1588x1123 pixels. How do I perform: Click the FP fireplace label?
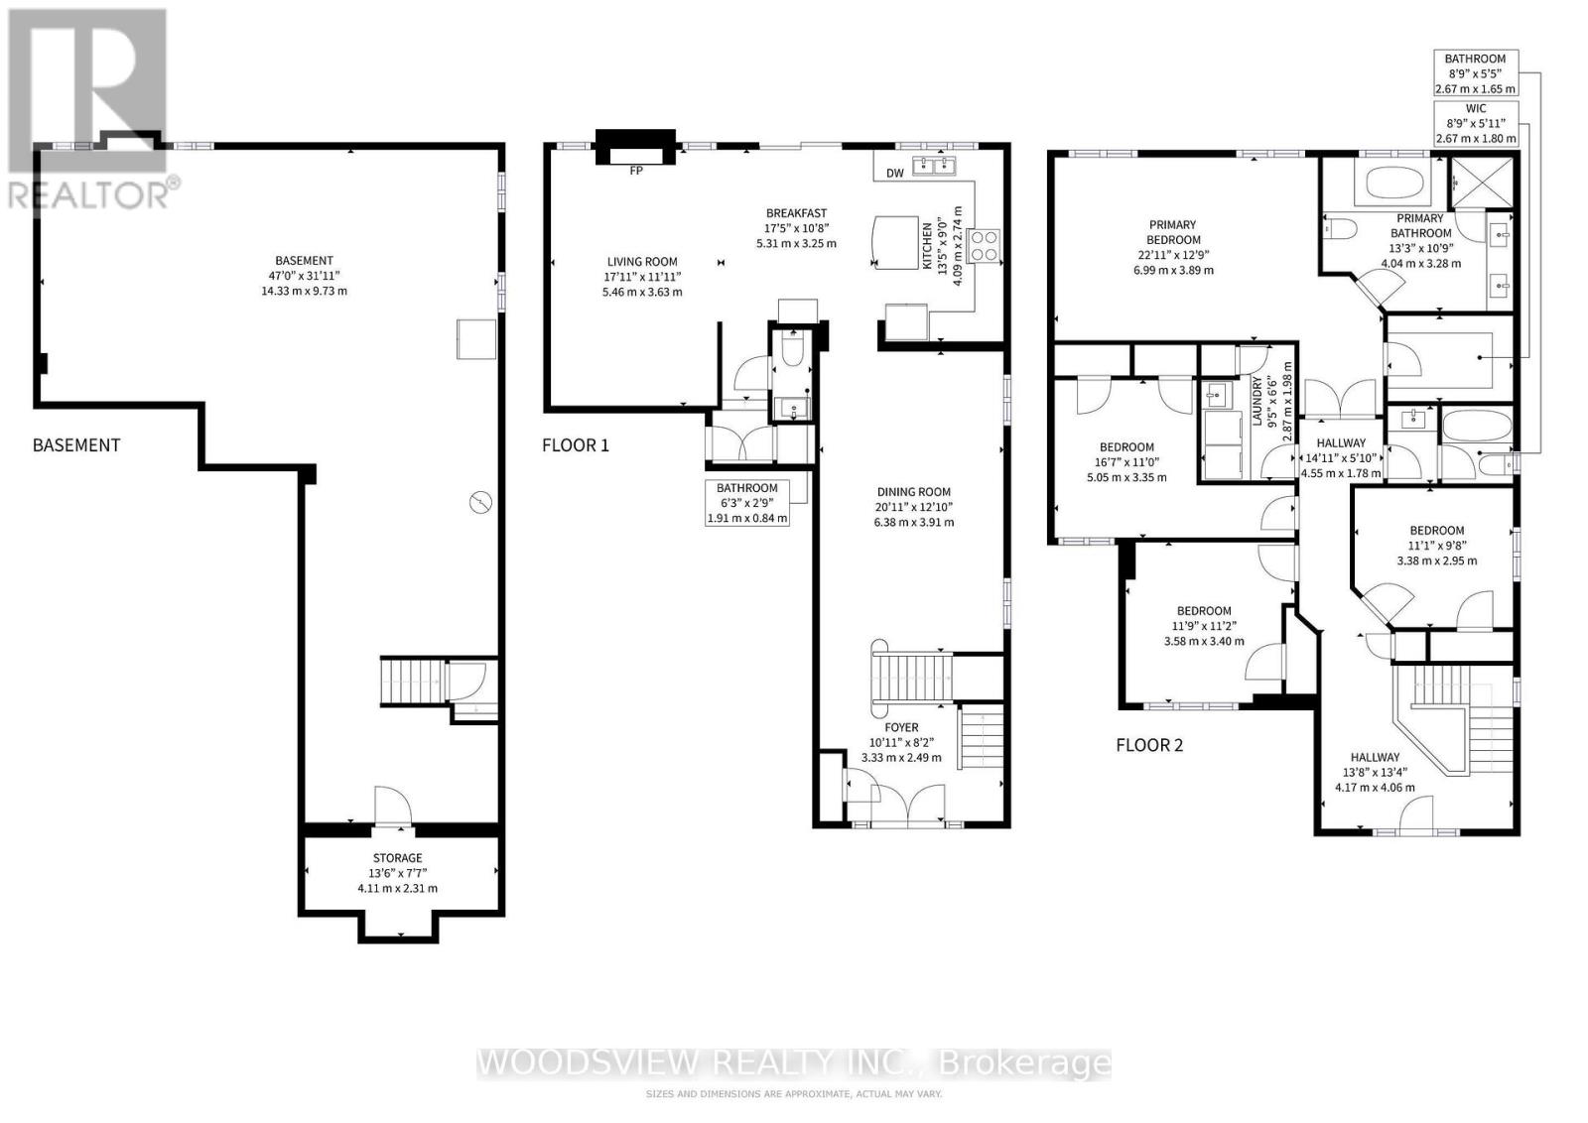click(x=636, y=171)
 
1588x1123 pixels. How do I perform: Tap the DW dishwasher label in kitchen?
click(x=894, y=174)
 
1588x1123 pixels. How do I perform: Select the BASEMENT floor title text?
click(x=76, y=445)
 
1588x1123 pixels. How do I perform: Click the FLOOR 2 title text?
click(x=1149, y=745)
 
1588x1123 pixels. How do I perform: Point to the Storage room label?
click(x=397, y=858)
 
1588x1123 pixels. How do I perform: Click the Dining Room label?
click(x=913, y=492)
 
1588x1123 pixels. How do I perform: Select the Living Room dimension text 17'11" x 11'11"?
click(x=642, y=277)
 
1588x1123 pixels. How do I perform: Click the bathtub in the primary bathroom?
click(x=1393, y=184)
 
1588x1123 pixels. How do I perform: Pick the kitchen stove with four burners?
click(x=985, y=245)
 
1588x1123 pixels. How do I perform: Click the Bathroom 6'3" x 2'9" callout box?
click(x=747, y=503)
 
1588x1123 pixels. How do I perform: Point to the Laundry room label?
click(x=1257, y=402)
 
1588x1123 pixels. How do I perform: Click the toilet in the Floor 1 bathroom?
click(x=792, y=347)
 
